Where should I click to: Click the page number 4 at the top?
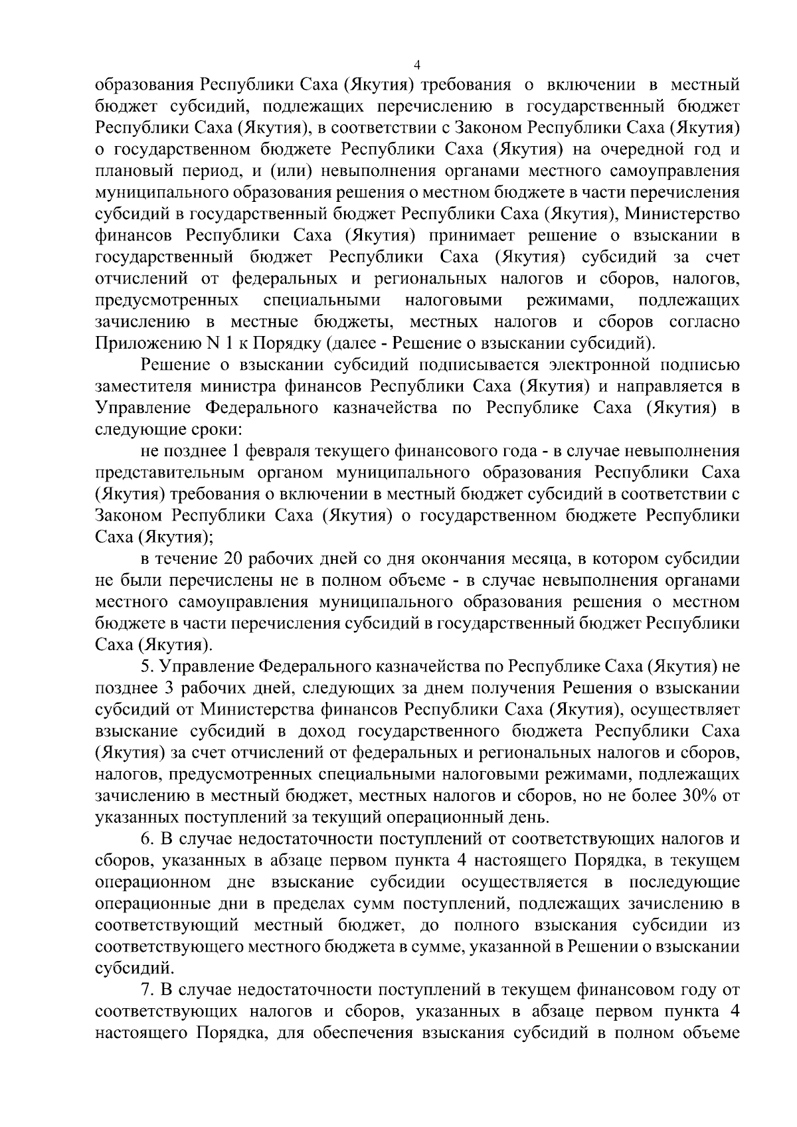pos(416,65)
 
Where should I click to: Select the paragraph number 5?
pos(147,666)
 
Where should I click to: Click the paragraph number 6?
pos(147,839)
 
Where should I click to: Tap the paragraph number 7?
pos(147,990)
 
